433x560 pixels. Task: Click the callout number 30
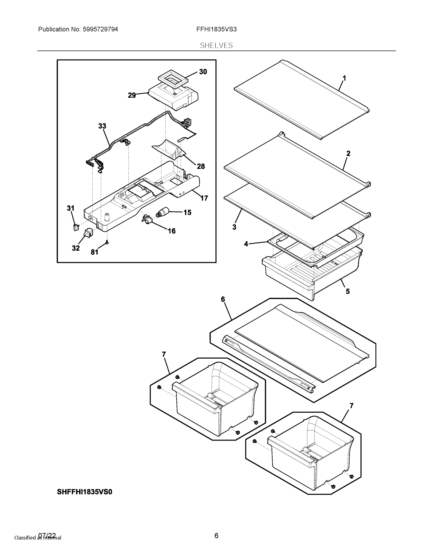pos(203,72)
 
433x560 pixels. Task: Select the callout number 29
pos(132,95)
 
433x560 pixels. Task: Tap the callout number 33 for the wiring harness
pos(102,126)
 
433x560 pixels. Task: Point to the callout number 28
pos(201,166)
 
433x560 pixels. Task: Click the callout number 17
pos(204,198)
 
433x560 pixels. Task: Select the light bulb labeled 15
pos(162,213)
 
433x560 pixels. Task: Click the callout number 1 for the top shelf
pos(344,78)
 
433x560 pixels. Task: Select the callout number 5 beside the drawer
pos(348,291)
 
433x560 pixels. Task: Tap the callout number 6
pos(223,299)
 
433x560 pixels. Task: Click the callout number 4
pos(246,244)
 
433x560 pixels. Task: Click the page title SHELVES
pos(216,45)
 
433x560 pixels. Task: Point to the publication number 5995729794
pos(100,29)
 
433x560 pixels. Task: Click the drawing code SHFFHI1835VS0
pos(84,492)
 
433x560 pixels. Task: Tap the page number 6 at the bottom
pos(216,535)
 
